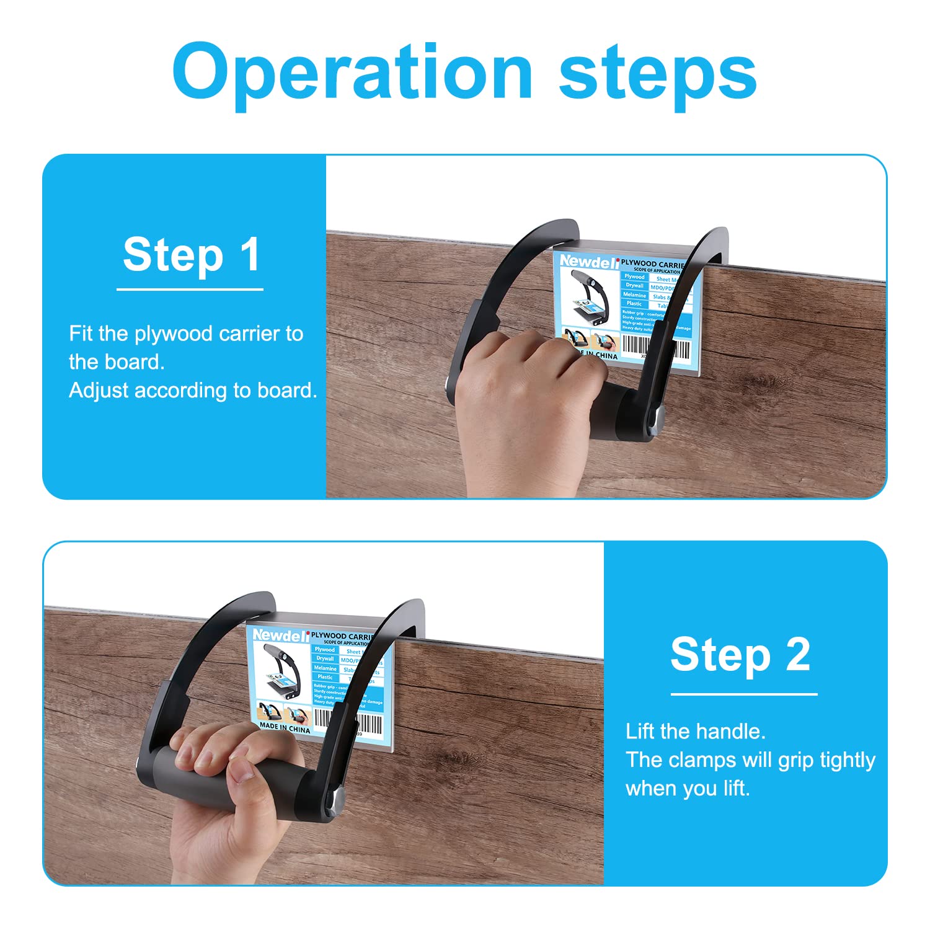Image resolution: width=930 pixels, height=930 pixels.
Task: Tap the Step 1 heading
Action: pyautogui.click(x=192, y=254)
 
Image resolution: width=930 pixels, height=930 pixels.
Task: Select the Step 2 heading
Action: pyautogui.click(x=740, y=655)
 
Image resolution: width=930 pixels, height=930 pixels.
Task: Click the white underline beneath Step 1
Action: pyautogui.click(x=190, y=290)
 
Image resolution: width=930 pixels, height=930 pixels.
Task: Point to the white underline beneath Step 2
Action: pyautogui.click(x=743, y=694)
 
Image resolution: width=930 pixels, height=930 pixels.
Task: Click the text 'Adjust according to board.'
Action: pyautogui.click(x=193, y=391)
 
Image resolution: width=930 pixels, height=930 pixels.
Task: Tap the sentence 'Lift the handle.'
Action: pyautogui.click(x=696, y=732)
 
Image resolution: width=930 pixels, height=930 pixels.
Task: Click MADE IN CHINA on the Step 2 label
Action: pyautogui.click(x=285, y=727)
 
